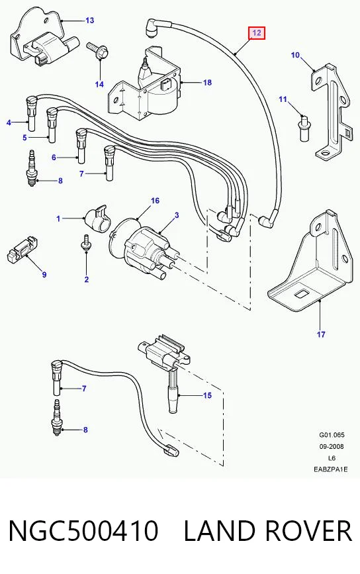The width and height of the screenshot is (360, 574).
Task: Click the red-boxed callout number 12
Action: [x=257, y=33]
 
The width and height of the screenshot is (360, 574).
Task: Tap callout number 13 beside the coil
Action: [x=89, y=21]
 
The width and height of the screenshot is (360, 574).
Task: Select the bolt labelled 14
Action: [x=97, y=51]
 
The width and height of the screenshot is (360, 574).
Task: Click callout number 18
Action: [x=207, y=83]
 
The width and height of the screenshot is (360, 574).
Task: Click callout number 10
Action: [x=295, y=55]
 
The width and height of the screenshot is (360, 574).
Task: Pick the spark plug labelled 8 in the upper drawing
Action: [x=32, y=168]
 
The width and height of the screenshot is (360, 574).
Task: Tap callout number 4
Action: [x=9, y=123]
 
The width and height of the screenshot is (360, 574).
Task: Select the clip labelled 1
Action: [x=97, y=219]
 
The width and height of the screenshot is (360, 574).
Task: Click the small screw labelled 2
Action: [x=86, y=243]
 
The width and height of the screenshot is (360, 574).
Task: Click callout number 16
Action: [x=155, y=201]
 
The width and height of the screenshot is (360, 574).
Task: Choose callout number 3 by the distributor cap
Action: [x=177, y=215]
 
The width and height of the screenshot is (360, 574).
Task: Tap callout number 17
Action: [x=321, y=334]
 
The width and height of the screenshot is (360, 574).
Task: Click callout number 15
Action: [x=207, y=395]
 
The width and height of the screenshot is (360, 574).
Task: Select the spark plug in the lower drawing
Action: [x=57, y=418]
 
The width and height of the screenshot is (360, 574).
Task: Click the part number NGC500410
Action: [x=83, y=531]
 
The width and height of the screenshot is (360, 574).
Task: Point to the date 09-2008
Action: [x=332, y=447]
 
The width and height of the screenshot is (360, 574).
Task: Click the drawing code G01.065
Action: [x=332, y=435]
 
